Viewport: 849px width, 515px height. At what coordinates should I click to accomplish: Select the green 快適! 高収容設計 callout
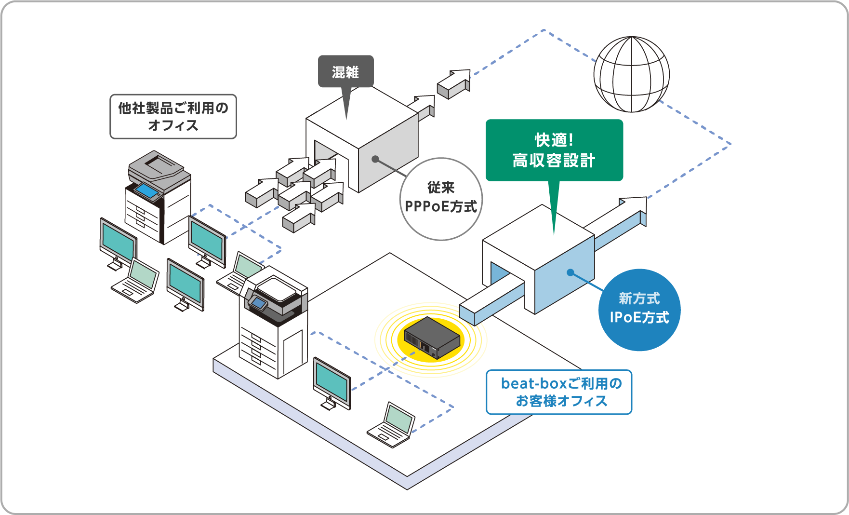click(x=554, y=150)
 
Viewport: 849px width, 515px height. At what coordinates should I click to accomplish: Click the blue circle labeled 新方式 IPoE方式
click(x=639, y=309)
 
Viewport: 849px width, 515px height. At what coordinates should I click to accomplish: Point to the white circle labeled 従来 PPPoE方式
click(x=440, y=198)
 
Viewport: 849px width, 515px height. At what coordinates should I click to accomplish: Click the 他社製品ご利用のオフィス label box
click(x=173, y=116)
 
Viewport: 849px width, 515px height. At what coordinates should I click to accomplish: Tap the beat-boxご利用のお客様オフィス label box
click(x=558, y=392)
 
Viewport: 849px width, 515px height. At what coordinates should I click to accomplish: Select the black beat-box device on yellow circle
click(x=431, y=338)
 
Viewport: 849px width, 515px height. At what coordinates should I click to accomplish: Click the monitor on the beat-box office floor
click(x=332, y=383)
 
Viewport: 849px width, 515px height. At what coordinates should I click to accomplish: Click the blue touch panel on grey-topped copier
click(x=146, y=191)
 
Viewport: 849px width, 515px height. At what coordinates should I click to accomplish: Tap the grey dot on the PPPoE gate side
click(x=375, y=159)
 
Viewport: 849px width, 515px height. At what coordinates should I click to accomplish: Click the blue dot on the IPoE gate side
click(x=570, y=272)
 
